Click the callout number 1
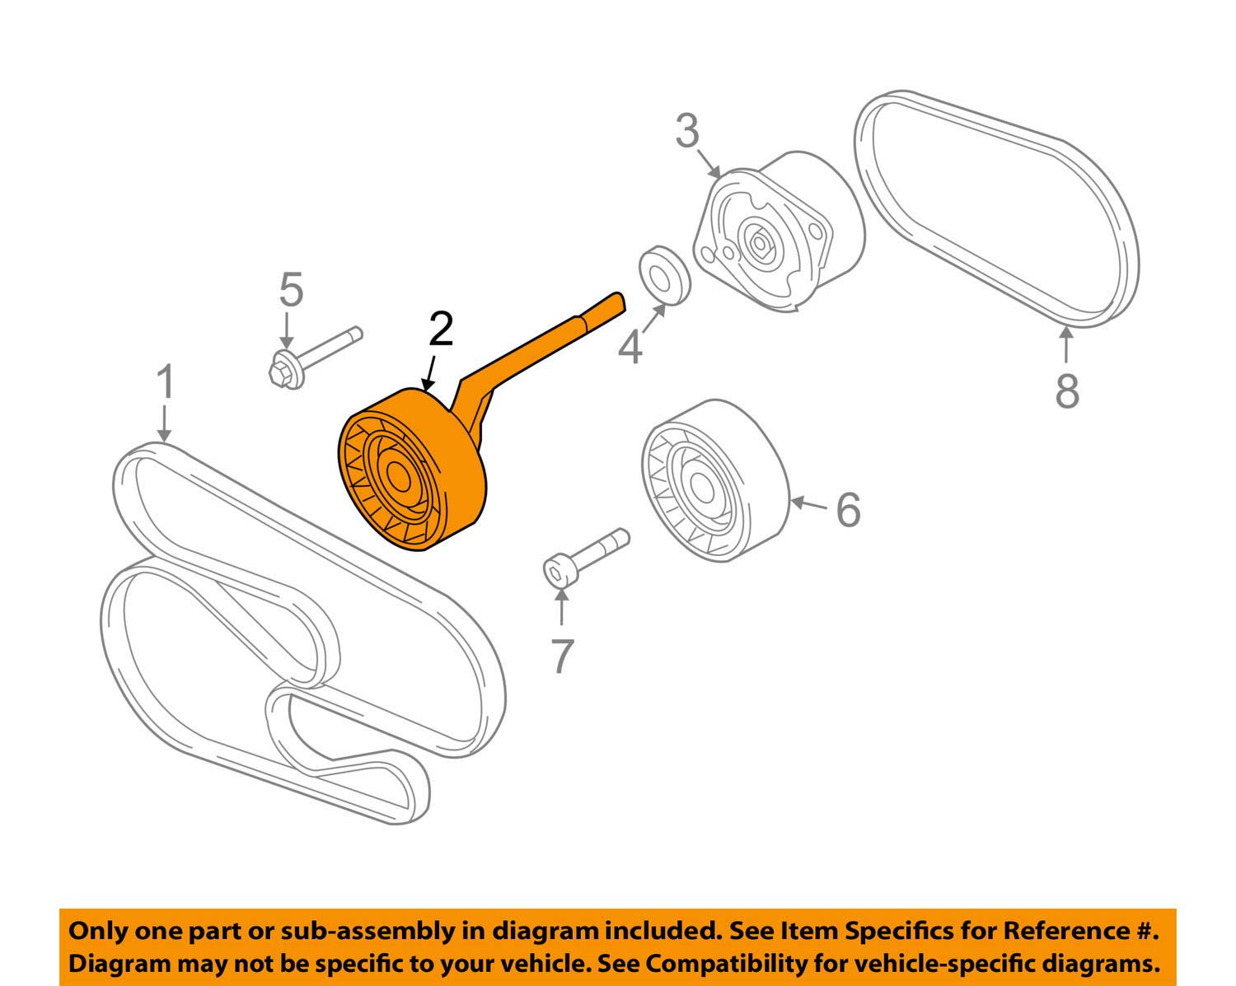(x=166, y=384)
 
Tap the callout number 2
(x=441, y=330)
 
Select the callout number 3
(x=687, y=132)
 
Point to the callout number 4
(x=630, y=348)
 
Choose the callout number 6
(x=848, y=509)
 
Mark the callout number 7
(x=561, y=657)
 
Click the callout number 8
(x=1067, y=390)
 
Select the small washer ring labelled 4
(x=664, y=274)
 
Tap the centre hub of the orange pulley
(x=399, y=478)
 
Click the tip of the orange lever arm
(x=618, y=299)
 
